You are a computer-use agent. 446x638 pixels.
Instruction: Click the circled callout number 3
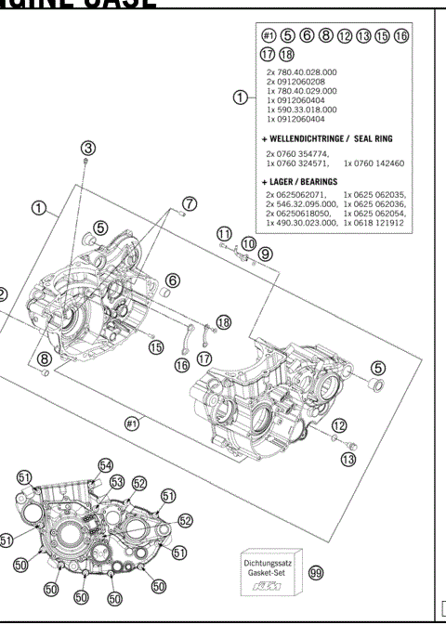pyautogui.click(x=87, y=148)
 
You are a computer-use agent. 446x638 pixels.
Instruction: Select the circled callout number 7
pyautogui.click(x=190, y=202)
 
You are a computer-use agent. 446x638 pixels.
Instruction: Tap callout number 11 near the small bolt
pyautogui.click(x=224, y=232)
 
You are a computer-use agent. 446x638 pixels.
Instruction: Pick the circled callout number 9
pyautogui.click(x=265, y=253)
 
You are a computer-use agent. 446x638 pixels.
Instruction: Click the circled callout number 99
pyautogui.click(x=315, y=574)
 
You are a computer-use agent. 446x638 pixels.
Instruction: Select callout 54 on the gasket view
pyautogui.click(x=105, y=464)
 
